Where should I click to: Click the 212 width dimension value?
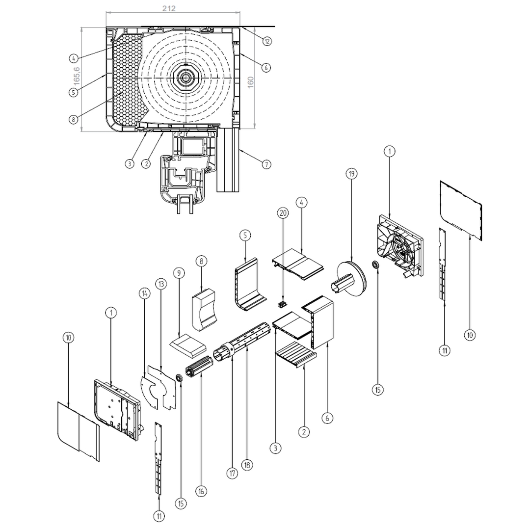click(169, 8)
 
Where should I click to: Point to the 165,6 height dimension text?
click(77, 76)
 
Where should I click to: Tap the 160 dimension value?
click(250, 82)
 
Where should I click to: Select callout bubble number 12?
click(267, 41)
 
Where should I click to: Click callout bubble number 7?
click(266, 164)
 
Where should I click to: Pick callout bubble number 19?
click(351, 174)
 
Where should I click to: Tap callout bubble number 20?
click(283, 213)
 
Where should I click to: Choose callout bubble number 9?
click(179, 273)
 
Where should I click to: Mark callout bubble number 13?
click(161, 284)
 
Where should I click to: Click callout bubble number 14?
click(144, 293)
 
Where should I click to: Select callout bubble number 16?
click(201, 491)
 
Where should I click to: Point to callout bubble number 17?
click(232, 473)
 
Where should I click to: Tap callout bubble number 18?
click(247, 465)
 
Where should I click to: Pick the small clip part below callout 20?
click(282, 305)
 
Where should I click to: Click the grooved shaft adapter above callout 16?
click(199, 366)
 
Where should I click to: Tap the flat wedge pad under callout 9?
click(187, 345)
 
